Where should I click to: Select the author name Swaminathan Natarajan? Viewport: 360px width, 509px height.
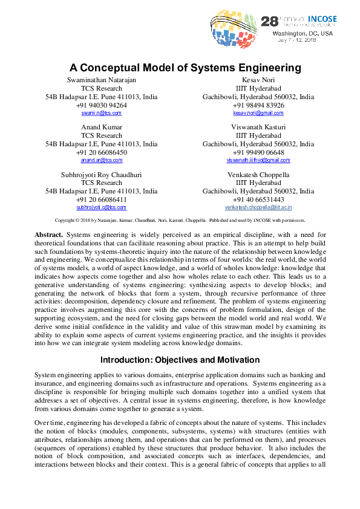pyautogui.click(x=101, y=80)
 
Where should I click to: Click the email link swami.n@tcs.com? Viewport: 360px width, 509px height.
pyautogui.click(x=101, y=113)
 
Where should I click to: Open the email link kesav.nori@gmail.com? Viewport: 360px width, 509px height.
pyautogui.click(x=258, y=113)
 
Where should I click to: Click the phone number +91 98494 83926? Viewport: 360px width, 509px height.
pyautogui.click(x=258, y=105)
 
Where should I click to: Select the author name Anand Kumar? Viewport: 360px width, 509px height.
pyautogui.click(x=101, y=127)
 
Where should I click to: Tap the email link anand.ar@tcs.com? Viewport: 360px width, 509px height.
pyautogui.click(x=101, y=160)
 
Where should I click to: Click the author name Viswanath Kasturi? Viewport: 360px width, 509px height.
pyautogui.click(x=258, y=127)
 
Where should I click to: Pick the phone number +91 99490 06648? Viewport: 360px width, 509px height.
pyautogui.click(x=258, y=152)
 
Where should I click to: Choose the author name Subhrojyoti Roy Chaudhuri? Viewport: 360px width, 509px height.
pyautogui.click(x=101, y=175)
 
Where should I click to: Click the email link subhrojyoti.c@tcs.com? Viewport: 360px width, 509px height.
pyautogui.click(x=101, y=207)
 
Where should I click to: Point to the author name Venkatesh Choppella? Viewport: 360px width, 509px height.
pyautogui.click(x=258, y=175)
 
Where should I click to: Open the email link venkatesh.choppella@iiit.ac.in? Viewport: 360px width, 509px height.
pyautogui.click(x=258, y=207)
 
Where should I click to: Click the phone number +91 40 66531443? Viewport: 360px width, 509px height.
pyautogui.click(x=258, y=199)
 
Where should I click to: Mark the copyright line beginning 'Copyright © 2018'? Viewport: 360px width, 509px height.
pyautogui.click(x=180, y=221)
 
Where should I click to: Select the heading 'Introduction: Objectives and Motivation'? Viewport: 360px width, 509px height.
pyautogui.click(x=180, y=360)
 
